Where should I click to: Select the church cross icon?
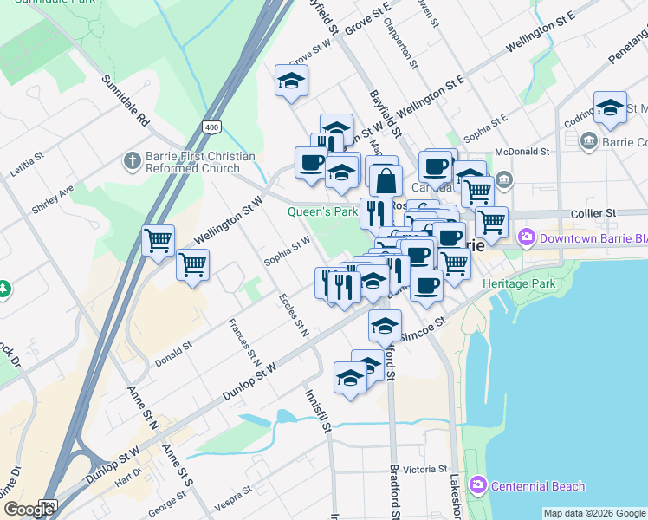[x=132, y=160]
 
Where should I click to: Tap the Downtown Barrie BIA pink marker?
[x=526, y=237]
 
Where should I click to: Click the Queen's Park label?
[x=323, y=211]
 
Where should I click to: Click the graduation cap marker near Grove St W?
[x=292, y=81]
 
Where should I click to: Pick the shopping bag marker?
[x=386, y=180]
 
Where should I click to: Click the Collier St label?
[x=593, y=212]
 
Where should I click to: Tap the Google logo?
[x=29, y=510]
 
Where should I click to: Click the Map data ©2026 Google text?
[x=593, y=513]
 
